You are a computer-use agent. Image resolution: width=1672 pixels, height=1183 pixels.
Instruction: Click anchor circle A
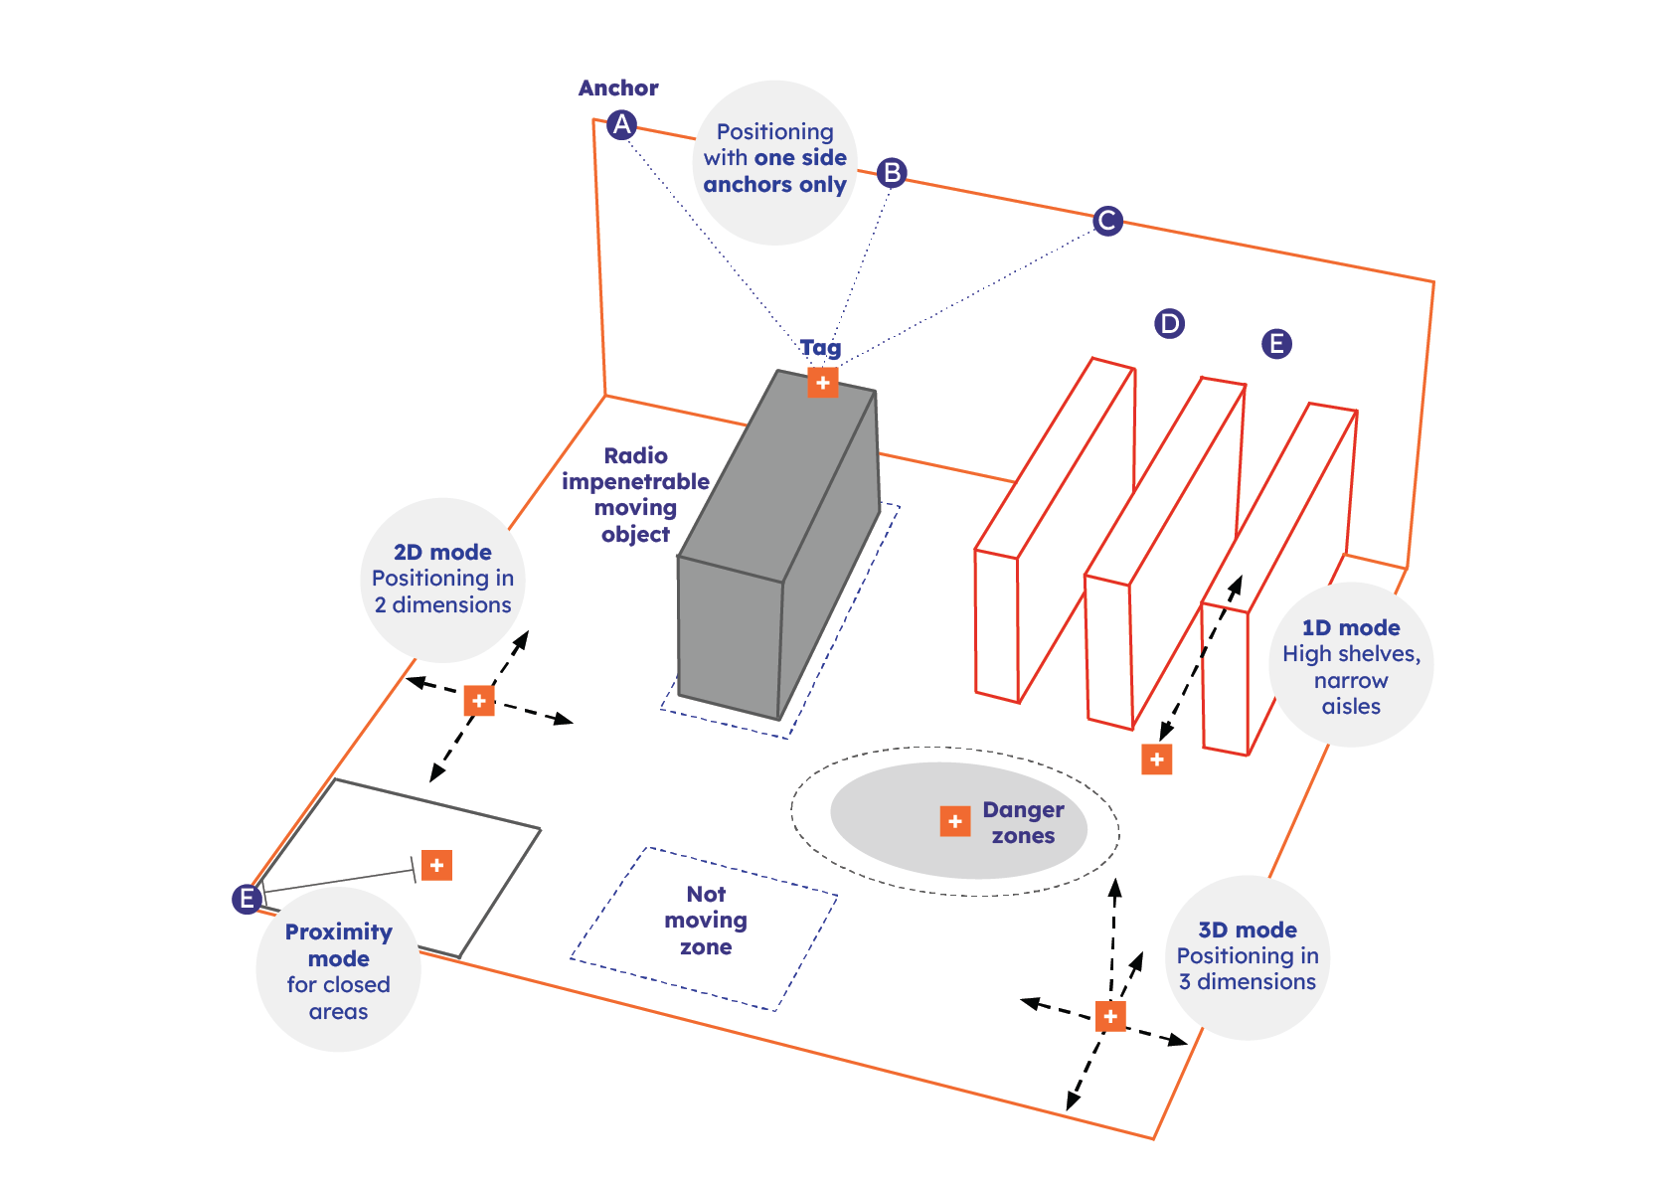click(621, 124)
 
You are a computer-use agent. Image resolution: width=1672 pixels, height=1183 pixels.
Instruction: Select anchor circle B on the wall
click(892, 173)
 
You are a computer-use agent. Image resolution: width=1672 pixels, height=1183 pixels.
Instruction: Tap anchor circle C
click(1107, 221)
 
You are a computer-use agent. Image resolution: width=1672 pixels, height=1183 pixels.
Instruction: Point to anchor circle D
click(1169, 323)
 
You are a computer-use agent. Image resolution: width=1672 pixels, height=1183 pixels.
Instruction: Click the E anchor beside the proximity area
click(247, 899)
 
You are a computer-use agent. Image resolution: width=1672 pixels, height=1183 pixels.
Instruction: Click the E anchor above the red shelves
click(1276, 344)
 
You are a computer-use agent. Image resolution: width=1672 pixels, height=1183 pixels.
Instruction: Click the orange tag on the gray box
click(822, 383)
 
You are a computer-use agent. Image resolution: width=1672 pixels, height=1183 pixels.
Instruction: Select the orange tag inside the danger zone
click(954, 821)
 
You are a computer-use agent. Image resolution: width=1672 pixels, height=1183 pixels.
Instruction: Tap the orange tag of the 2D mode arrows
click(479, 701)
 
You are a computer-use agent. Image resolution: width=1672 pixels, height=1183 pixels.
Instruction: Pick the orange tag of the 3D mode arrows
click(1110, 1016)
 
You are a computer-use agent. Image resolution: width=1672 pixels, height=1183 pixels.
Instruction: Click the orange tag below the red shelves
click(1156, 760)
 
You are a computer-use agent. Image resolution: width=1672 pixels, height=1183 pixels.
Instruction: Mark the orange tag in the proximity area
click(436, 865)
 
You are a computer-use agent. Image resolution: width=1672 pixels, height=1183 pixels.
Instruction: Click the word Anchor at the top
click(618, 88)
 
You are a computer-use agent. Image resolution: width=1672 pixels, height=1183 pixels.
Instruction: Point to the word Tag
click(820, 348)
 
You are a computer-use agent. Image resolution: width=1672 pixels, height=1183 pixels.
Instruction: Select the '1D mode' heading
click(1351, 628)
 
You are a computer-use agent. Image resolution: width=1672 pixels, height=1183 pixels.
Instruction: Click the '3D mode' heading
click(1248, 930)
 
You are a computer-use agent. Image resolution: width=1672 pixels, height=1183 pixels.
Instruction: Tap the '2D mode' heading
click(442, 553)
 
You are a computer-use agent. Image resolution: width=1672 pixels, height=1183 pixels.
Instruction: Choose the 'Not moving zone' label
click(706, 921)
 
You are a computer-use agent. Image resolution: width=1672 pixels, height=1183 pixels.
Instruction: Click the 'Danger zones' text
click(1023, 823)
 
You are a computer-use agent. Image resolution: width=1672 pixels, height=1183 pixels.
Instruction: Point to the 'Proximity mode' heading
click(338, 945)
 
